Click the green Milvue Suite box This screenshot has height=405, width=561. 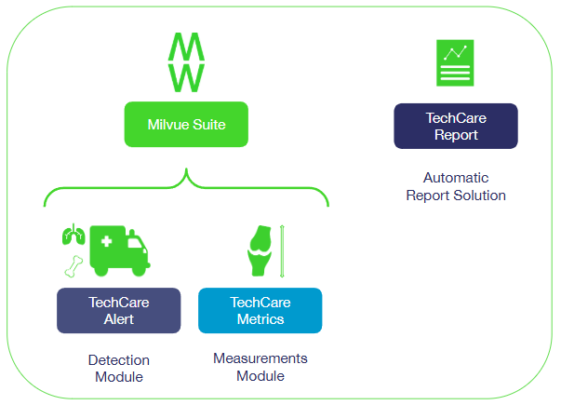click(186, 125)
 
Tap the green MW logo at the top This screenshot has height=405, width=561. click(186, 63)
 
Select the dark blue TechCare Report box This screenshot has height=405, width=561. click(455, 126)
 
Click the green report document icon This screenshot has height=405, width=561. click(455, 63)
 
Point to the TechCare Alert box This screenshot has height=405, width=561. click(118, 310)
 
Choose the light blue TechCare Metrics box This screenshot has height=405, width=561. click(260, 310)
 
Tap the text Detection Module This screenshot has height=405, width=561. click(118, 368)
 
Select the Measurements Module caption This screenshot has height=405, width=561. click(260, 367)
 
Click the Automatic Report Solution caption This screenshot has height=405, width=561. click(455, 186)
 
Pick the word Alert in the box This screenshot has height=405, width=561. click(118, 318)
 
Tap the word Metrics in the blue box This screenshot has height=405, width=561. click(260, 318)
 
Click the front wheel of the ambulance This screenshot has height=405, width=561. click(140, 268)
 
